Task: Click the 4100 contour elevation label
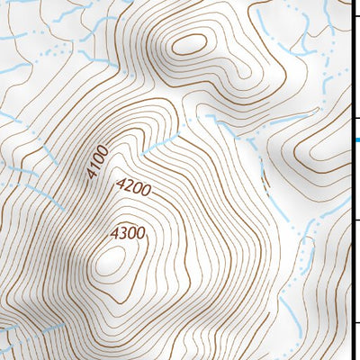[99, 161]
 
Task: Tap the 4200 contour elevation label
[133, 189]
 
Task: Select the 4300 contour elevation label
[128, 234]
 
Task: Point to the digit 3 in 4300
[124, 234]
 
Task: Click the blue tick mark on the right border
[356, 140]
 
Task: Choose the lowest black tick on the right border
[355, 323]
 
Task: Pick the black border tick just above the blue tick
[355, 118]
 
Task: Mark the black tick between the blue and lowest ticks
[355, 220]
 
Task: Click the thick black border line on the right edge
[352, 180]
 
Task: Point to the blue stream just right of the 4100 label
[157, 143]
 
